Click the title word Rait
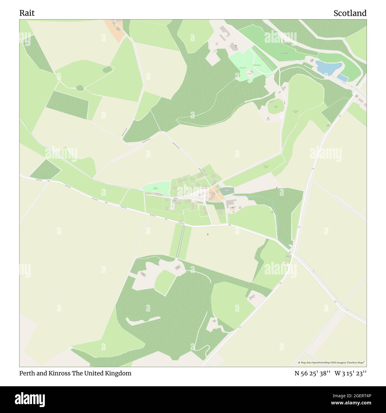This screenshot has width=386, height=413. (27, 13)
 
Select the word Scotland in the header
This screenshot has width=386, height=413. (350, 13)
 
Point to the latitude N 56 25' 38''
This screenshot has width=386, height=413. (312, 373)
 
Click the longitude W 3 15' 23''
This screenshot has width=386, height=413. (350, 373)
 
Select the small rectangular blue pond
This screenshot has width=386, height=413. (343, 78)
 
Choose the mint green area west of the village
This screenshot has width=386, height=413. (156, 188)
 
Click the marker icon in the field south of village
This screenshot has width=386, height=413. (208, 235)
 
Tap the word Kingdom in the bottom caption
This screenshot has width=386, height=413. (119, 373)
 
